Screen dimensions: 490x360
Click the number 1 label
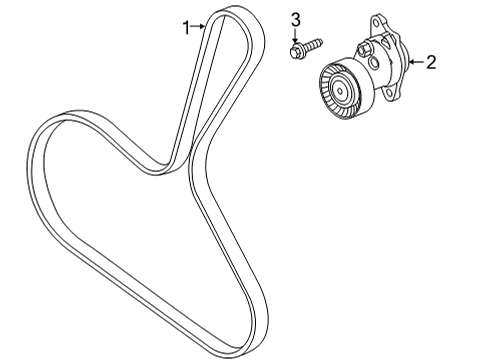(185, 28)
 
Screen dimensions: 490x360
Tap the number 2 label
(431, 63)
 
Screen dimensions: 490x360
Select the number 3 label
(296, 19)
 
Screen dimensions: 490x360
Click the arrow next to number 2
(415, 63)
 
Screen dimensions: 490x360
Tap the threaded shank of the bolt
(312, 44)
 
